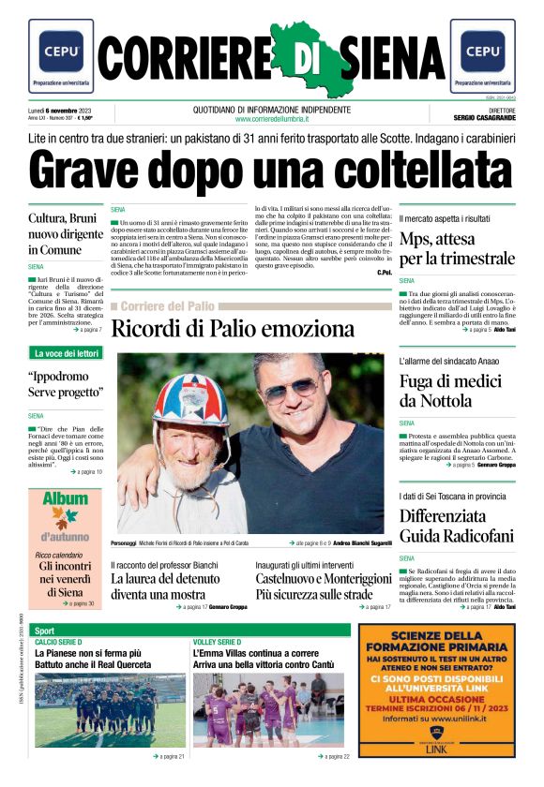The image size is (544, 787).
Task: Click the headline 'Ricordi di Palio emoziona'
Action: [233, 329]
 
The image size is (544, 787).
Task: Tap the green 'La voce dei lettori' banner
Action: [66, 353]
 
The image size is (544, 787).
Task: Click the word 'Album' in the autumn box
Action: [65, 498]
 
